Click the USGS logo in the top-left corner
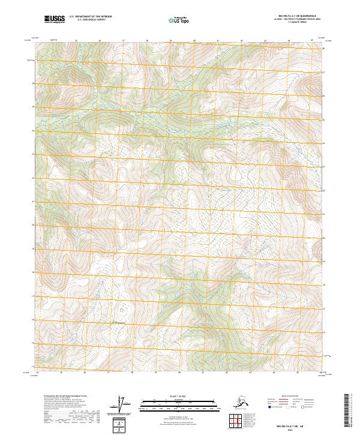55,20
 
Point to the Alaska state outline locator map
243,401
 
